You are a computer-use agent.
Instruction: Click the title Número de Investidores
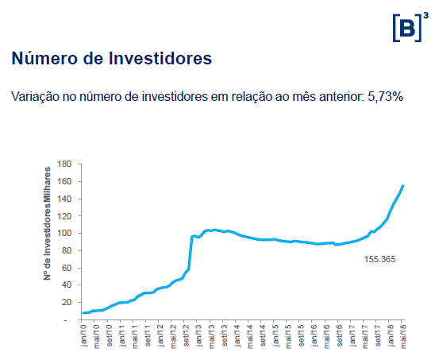(x=111, y=59)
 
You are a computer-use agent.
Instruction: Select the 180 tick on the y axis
(x=65, y=164)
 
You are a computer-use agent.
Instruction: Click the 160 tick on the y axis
(x=65, y=181)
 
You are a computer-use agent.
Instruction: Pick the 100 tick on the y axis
(x=65, y=233)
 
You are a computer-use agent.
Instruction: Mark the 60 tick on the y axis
(x=67, y=268)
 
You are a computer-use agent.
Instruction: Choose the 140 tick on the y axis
(x=65, y=199)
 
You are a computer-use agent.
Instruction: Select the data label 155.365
(x=379, y=259)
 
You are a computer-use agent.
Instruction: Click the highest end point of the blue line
(x=403, y=186)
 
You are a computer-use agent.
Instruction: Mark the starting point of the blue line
(x=83, y=313)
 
